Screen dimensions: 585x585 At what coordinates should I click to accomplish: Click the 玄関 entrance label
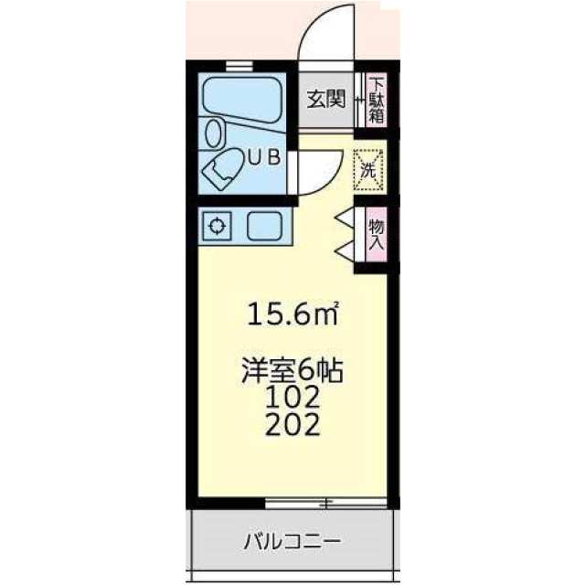(326, 99)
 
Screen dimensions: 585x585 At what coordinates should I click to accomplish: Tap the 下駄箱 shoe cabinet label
(376, 100)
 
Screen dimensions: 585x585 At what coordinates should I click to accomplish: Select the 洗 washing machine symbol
(368, 170)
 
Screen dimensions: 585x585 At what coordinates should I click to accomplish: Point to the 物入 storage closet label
(376, 235)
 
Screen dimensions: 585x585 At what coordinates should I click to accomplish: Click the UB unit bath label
(264, 158)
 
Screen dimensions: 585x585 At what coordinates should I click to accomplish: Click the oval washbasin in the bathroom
(214, 133)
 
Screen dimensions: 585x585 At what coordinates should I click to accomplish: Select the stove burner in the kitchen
(217, 226)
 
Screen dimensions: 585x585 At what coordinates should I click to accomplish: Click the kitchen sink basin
(264, 226)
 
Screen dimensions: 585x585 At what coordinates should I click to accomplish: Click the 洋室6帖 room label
(292, 370)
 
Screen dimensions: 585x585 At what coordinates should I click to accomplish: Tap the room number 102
(292, 398)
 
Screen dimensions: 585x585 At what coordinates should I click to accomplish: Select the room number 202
(292, 424)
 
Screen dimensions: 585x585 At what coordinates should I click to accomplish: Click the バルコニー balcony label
(292, 541)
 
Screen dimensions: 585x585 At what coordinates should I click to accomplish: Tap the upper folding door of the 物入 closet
(346, 218)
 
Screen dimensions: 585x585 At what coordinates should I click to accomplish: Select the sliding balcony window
(325, 503)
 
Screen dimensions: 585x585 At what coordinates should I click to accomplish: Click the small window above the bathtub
(239, 67)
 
